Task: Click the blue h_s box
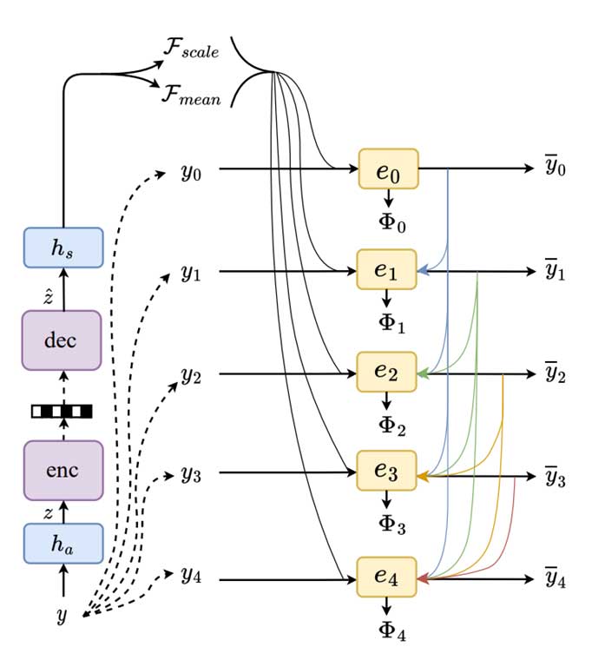click(62, 248)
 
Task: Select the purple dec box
click(62, 340)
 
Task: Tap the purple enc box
click(62, 470)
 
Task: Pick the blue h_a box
click(62, 544)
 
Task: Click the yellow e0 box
click(388, 168)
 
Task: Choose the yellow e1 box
click(387, 271)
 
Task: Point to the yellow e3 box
click(387, 473)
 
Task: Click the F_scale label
click(190, 50)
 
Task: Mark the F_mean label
click(190, 94)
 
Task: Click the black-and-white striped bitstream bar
click(62, 411)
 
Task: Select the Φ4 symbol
click(391, 631)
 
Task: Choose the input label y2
click(191, 375)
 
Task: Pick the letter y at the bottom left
click(61, 617)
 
